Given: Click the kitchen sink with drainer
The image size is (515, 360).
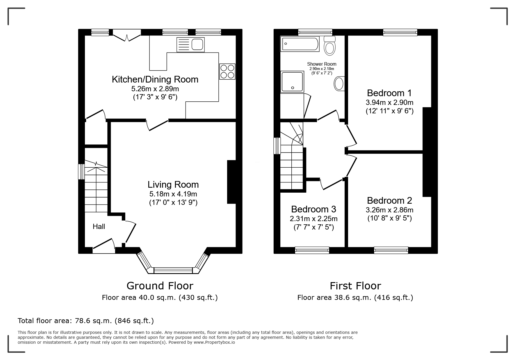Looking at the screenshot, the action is pyautogui.click(x=190, y=44).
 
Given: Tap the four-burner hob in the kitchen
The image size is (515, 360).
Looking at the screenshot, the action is pyautogui.click(x=227, y=71).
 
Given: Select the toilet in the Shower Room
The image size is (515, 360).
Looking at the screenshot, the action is pyautogui.click(x=330, y=46).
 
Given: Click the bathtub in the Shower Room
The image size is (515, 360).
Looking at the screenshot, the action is pyautogui.click(x=300, y=44).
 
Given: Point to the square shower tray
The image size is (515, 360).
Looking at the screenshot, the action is pyautogui.click(x=292, y=82).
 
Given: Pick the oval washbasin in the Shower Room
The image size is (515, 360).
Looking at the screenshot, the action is pyautogui.click(x=339, y=84).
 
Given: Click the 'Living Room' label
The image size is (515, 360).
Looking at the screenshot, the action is pyautogui.click(x=173, y=185).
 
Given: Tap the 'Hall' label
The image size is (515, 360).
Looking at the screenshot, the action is pyautogui.click(x=99, y=227).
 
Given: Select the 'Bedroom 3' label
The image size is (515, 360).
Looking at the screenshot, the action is pyautogui.click(x=313, y=209).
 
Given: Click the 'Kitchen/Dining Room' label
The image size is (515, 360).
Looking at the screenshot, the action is pyautogui.click(x=155, y=79).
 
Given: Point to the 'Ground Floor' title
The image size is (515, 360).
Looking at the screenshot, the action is pyautogui.click(x=160, y=286).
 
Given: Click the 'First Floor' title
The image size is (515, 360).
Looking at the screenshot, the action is pyautogui.click(x=355, y=286).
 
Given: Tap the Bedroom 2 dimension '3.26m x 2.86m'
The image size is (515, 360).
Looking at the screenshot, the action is pyautogui.click(x=389, y=210).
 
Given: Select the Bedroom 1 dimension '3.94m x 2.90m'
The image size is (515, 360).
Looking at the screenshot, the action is pyautogui.click(x=389, y=102).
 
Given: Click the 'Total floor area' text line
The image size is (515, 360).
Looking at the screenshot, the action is pyautogui.click(x=86, y=321).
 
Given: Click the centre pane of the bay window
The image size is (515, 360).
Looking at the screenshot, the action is pyautogui.click(x=173, y=271).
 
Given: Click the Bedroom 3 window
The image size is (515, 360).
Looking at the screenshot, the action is pyautogui.click(x=312, y=250).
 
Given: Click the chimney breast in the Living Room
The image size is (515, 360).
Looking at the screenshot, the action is pyautogui.click(x=231, y=182).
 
